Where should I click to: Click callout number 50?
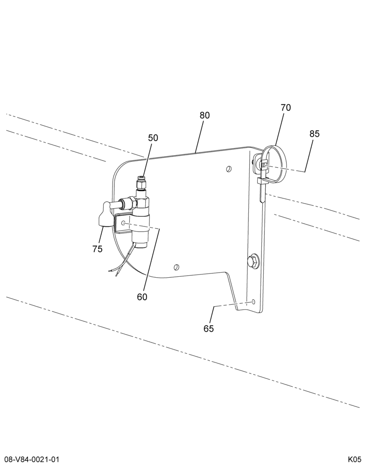point(153,138)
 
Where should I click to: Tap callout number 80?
point(204,115)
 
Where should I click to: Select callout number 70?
point(286,108)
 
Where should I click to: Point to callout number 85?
point(315,134)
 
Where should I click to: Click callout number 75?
point(98,249)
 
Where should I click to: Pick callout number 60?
point(142,297)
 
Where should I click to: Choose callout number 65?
point(209,329)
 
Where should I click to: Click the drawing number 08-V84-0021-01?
point(32,460)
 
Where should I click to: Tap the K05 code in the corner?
point(354,460)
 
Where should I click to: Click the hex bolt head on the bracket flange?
point(253,261)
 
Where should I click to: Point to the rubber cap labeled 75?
point(104,214)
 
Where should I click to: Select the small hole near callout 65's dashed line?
point(253,302)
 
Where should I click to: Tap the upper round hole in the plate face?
point(228,169)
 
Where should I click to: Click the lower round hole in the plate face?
point(176,267)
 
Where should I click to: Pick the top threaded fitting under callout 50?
point(141,183)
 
